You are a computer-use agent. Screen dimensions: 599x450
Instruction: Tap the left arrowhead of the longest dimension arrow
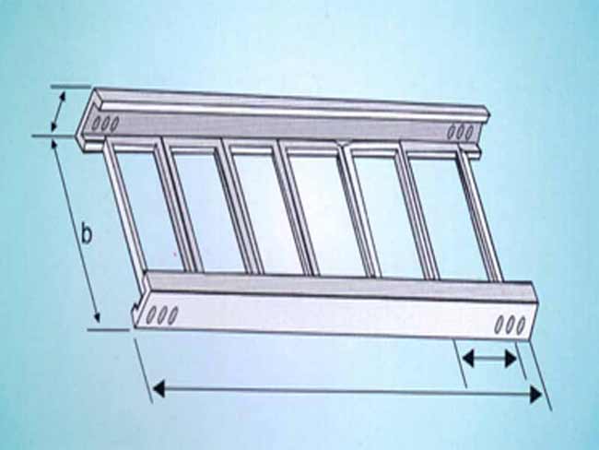[x=159, y=389]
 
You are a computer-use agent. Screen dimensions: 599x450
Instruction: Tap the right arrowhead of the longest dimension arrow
[x=536, y=395]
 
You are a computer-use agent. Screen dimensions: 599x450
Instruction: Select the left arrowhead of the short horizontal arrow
[x=468, y=358]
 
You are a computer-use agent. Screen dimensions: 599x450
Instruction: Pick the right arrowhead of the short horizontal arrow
[x=511, y=359]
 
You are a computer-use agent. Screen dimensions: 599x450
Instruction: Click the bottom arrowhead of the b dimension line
[x=97, y=317]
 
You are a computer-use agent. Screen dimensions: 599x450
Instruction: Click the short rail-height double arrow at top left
[x=58, y=111]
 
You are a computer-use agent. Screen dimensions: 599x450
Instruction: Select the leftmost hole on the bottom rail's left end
[x=152, y=314]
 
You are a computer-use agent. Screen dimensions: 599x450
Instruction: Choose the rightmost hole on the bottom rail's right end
[x=521, y=326]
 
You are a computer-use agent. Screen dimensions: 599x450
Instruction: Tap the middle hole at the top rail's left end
[x=105, y=124]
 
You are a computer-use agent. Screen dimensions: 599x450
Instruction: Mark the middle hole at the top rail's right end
[x=461, y=131]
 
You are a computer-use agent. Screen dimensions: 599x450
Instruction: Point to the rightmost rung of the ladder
[x=481, y=214]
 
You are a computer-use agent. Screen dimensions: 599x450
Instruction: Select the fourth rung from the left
[x=299, y=208]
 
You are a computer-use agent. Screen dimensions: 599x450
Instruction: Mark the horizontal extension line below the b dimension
[x=109, y=329]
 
